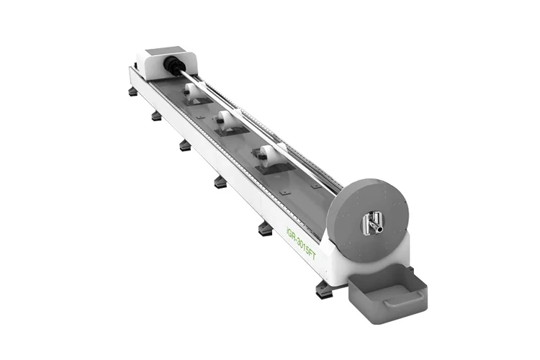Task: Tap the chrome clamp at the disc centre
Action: point(372,222)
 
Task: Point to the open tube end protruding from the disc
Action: point(379,229)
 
